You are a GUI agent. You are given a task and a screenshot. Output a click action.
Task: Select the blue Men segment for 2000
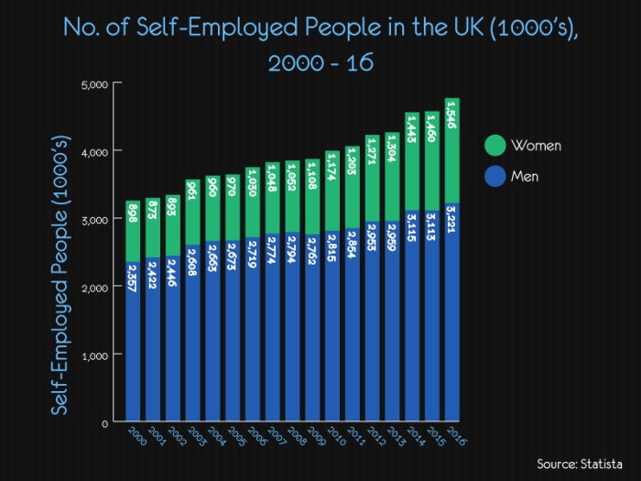click(x=133, y=366)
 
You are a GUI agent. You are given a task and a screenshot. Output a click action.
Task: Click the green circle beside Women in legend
click(x=494, y=146)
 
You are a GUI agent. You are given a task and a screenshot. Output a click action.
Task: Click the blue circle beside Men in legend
click(x=494, y=175)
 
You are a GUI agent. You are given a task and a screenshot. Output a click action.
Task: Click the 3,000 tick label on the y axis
click(x=95, y=219)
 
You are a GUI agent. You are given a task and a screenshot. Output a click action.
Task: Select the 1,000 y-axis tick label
click(x=95, y=355)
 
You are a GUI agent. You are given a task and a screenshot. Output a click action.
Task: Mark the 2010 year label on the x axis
click(x=336, y=436)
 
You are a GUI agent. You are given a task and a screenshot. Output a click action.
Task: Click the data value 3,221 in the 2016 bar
click(x=452, y=220)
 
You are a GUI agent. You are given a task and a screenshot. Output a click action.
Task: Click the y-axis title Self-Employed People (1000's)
click(x=60, y=275)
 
